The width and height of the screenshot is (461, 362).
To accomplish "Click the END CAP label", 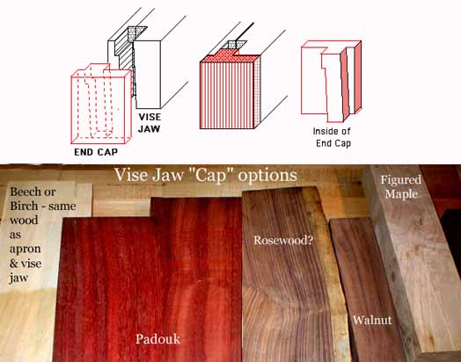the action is point(96,152).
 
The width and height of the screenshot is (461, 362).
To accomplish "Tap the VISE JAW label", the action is point(150,123).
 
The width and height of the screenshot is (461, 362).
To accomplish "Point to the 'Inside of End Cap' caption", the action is point(332,137).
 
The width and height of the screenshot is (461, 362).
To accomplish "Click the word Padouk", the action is point(157,339).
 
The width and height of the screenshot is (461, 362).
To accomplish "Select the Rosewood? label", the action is point(283,240).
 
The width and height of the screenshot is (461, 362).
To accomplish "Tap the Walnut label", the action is point(372,320).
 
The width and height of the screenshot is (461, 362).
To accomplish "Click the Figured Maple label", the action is point(401,187).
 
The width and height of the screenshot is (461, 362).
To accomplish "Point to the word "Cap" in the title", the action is point(210,175).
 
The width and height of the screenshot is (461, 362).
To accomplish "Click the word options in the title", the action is point(267,176).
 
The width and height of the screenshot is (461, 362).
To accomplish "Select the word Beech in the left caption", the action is point(24,192).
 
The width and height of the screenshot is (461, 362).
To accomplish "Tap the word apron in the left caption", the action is point(25,250).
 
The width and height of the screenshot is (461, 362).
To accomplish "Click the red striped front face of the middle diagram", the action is point(226,96).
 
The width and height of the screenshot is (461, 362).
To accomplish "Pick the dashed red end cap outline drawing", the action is point(100,104).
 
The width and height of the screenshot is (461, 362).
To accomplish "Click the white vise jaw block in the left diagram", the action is point(147,75).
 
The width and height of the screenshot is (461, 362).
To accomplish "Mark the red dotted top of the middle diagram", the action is point(226,56).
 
